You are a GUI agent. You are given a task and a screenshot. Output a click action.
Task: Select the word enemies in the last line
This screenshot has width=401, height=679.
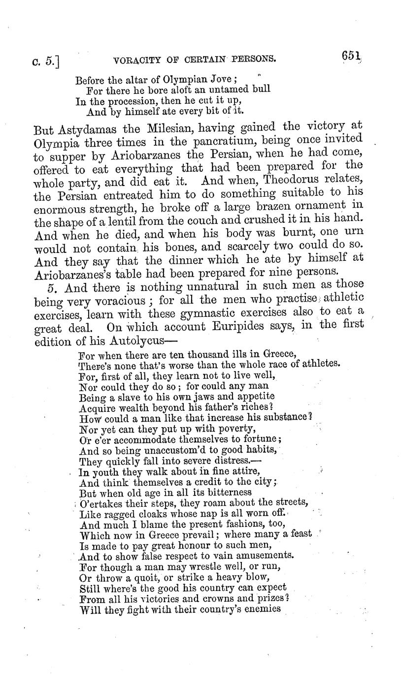(x=264, y=609)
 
